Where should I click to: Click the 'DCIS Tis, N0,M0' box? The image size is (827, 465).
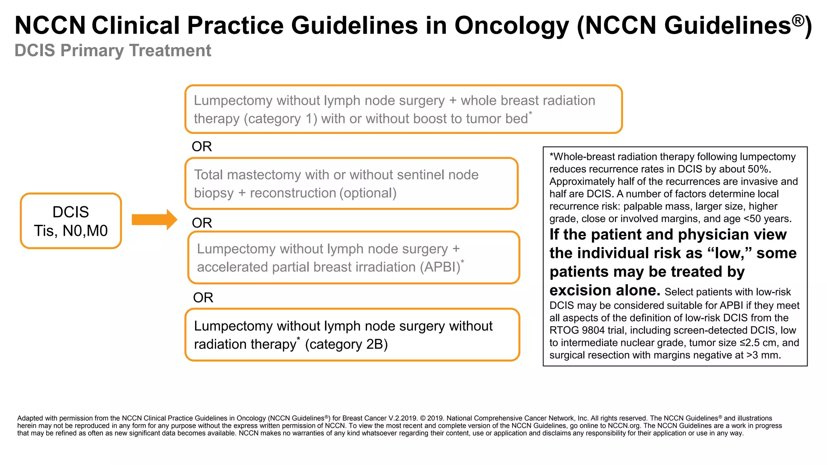pos(71,221)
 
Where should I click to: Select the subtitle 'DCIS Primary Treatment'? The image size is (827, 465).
pos(113,51)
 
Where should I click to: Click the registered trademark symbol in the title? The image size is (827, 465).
pos(798,20)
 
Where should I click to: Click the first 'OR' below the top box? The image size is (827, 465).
pos(202,147)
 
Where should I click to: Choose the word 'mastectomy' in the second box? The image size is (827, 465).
pos(267,175)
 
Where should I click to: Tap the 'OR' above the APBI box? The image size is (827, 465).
pos(202,223)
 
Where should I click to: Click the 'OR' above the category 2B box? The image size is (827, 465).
pos(203,298)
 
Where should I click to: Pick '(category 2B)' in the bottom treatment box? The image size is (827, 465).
pos(346,344)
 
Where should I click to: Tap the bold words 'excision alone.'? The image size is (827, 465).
pos(605,290)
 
